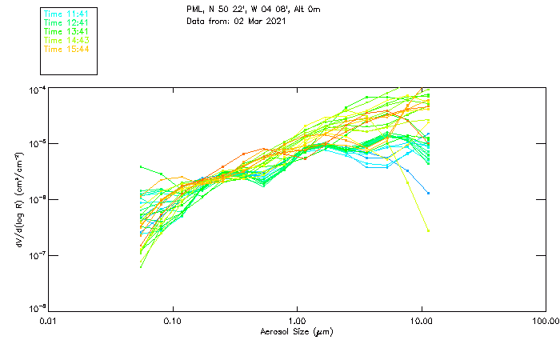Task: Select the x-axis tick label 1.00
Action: pos(298,321)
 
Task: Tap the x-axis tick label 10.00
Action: pos(422,321)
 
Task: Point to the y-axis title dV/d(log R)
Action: pos(18,198)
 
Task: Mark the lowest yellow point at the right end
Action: pos(428,230)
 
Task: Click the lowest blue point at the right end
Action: pos(428,193)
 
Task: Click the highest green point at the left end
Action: pos(141,167)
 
